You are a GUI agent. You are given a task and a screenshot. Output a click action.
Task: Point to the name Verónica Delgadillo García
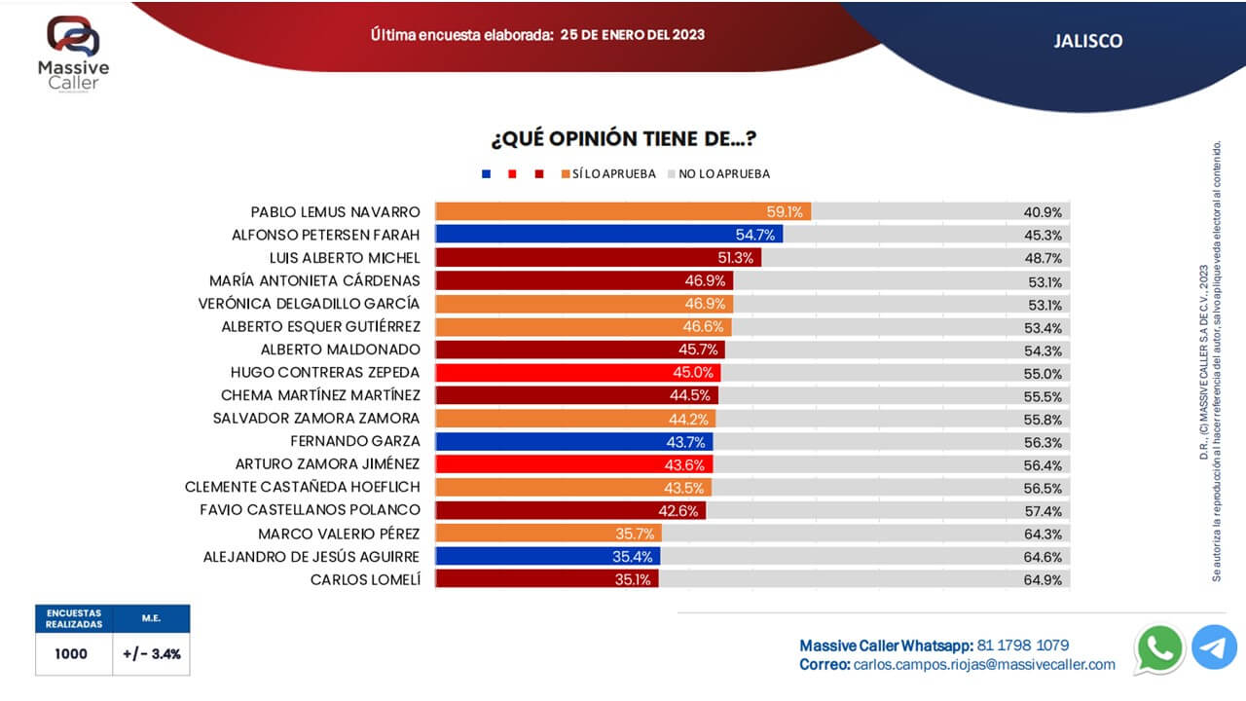coord(309,304)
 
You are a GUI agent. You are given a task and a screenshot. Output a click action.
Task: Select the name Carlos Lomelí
coord(365,579)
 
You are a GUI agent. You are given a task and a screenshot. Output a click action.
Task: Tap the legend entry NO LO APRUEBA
coord(723,174)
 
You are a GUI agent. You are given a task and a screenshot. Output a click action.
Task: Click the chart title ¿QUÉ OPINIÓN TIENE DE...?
coord(624,139)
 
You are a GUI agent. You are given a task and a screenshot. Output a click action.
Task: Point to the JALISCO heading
coord(1087,41)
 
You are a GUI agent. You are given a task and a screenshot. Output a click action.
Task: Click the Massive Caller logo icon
coord(74,36)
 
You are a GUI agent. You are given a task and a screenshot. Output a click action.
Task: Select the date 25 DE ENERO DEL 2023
coord(633,34)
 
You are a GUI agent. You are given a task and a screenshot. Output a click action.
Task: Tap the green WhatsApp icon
coord(1159,648)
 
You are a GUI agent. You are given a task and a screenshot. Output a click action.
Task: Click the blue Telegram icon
coord(1214,648)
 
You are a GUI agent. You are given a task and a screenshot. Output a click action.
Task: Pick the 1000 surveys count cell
coord(71,654)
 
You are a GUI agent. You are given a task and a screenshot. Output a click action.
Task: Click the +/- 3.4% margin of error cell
coord(152,654)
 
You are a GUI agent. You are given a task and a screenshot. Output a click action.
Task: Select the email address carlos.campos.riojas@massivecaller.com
coord(984,664)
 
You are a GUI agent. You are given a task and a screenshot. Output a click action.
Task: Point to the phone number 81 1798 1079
coord(1022,645)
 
